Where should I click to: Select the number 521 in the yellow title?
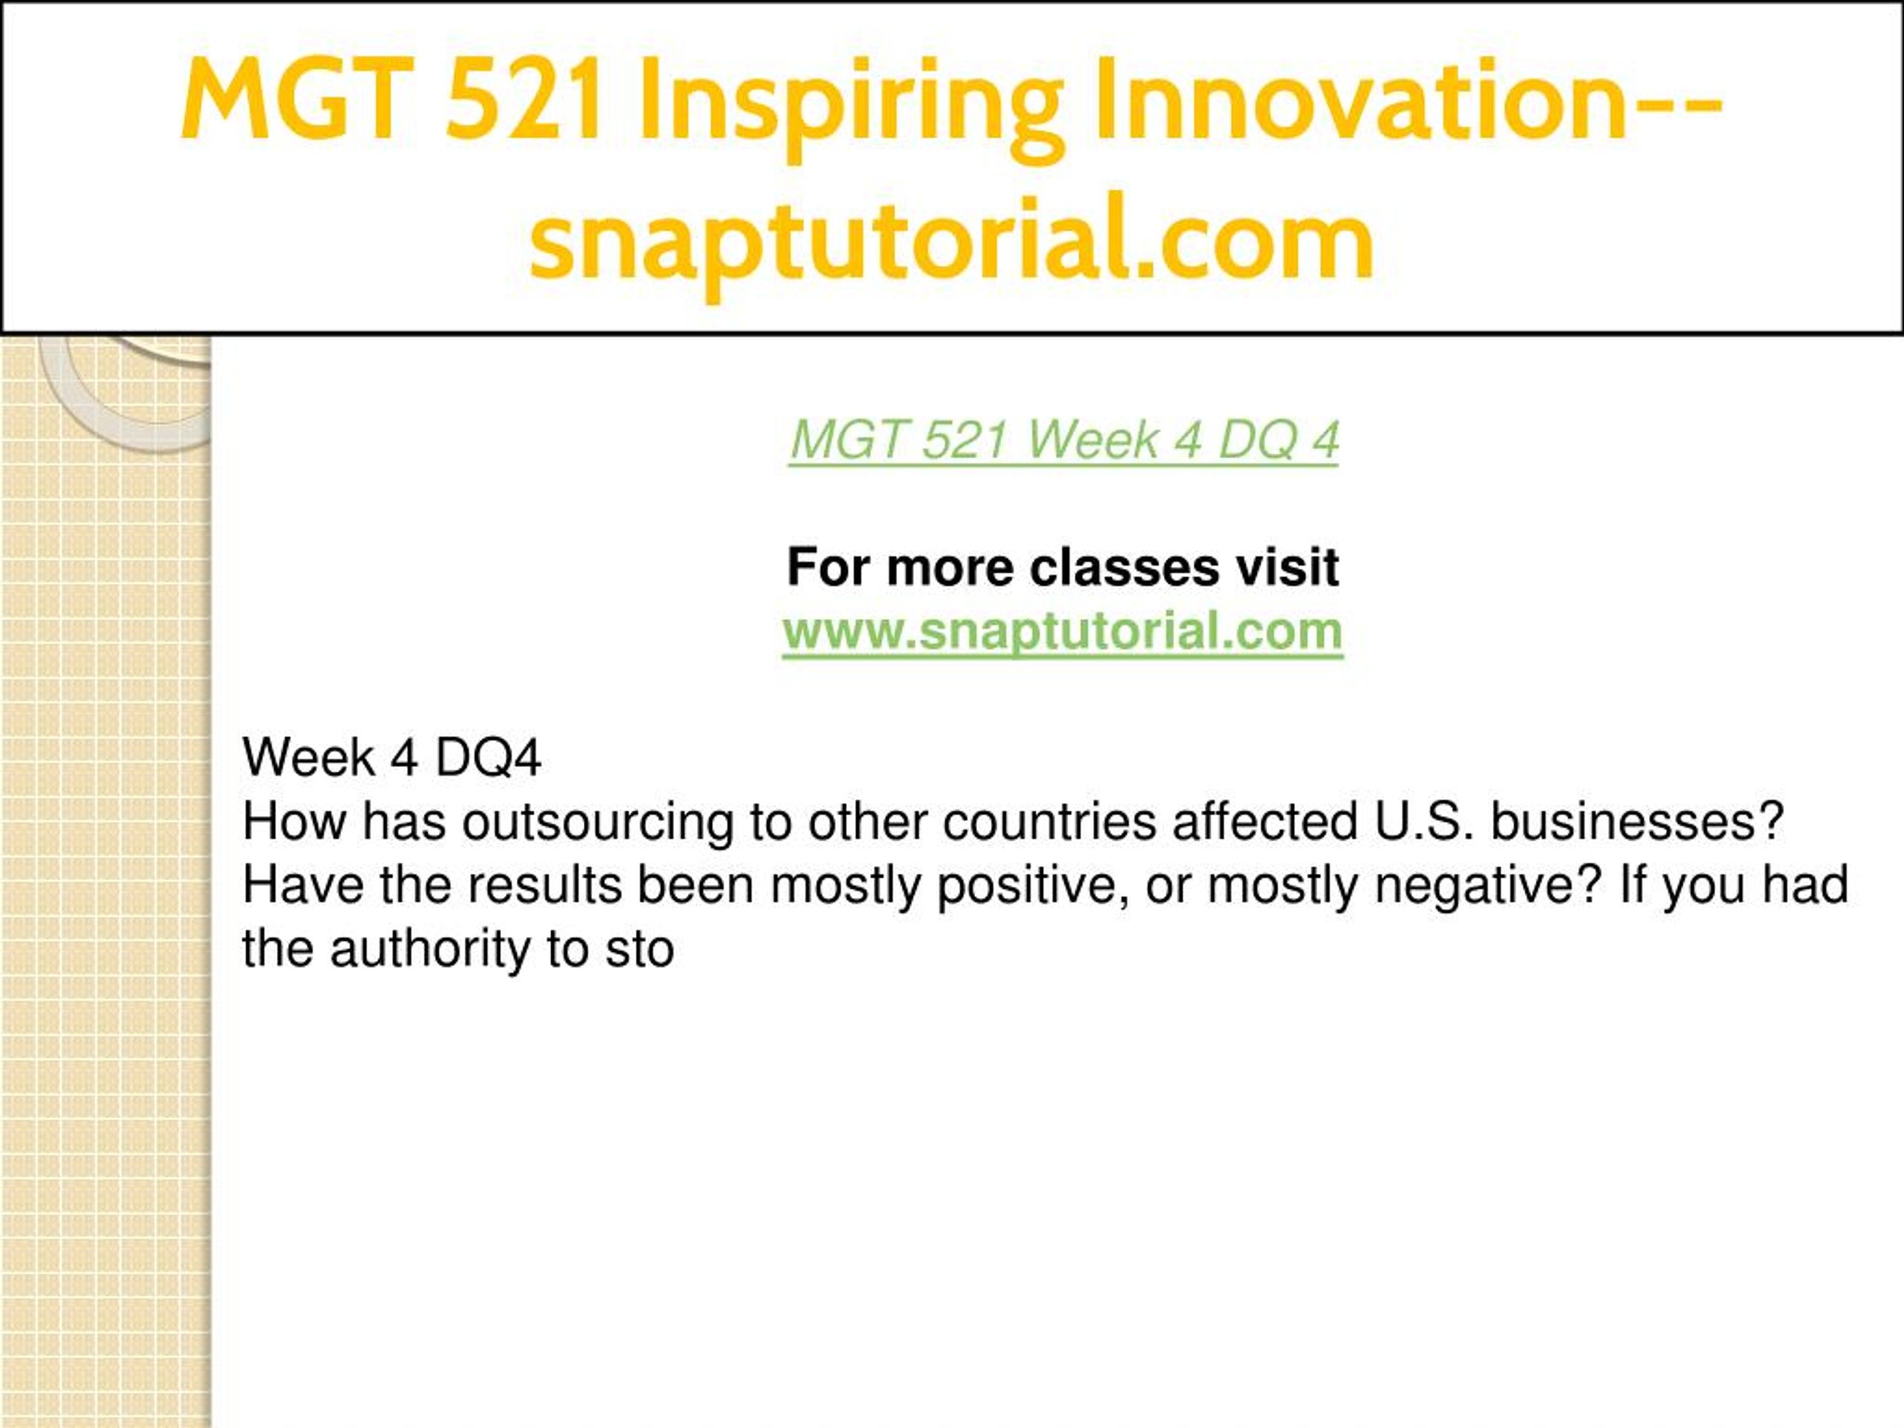524,97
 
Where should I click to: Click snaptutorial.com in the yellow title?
951,241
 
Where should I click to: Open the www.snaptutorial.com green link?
1062,631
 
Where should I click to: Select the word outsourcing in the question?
597,823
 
